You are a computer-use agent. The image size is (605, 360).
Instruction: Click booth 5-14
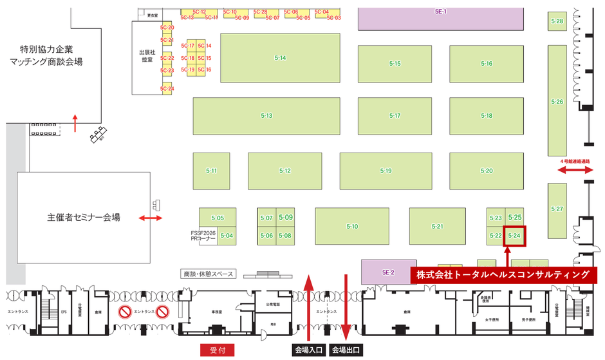click(x=280, y=58)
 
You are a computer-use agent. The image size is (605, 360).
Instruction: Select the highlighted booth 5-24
click(x=514, y=236)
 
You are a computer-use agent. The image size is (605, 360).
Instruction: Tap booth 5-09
click(x=286, y=218)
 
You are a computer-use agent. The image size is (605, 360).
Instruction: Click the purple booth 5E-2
click(x=387, y=271)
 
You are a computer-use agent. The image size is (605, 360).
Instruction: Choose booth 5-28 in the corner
click(x=557, y=22)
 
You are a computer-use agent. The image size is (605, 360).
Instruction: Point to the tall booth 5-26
click(x=557, y=102)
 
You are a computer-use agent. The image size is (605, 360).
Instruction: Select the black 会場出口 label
click(x=346, y=350)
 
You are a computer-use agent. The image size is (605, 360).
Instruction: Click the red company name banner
click(x=503, y=274)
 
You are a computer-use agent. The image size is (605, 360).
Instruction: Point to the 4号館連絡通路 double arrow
click(x=575, y=170)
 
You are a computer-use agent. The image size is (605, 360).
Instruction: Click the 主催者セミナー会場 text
click(x=84, y=217)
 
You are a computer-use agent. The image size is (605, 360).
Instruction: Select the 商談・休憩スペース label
click(x=208, y=274)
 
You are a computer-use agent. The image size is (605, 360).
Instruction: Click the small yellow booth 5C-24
click(x=167, y=89)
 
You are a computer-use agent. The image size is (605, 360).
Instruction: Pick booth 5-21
click(x=438, y=226)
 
